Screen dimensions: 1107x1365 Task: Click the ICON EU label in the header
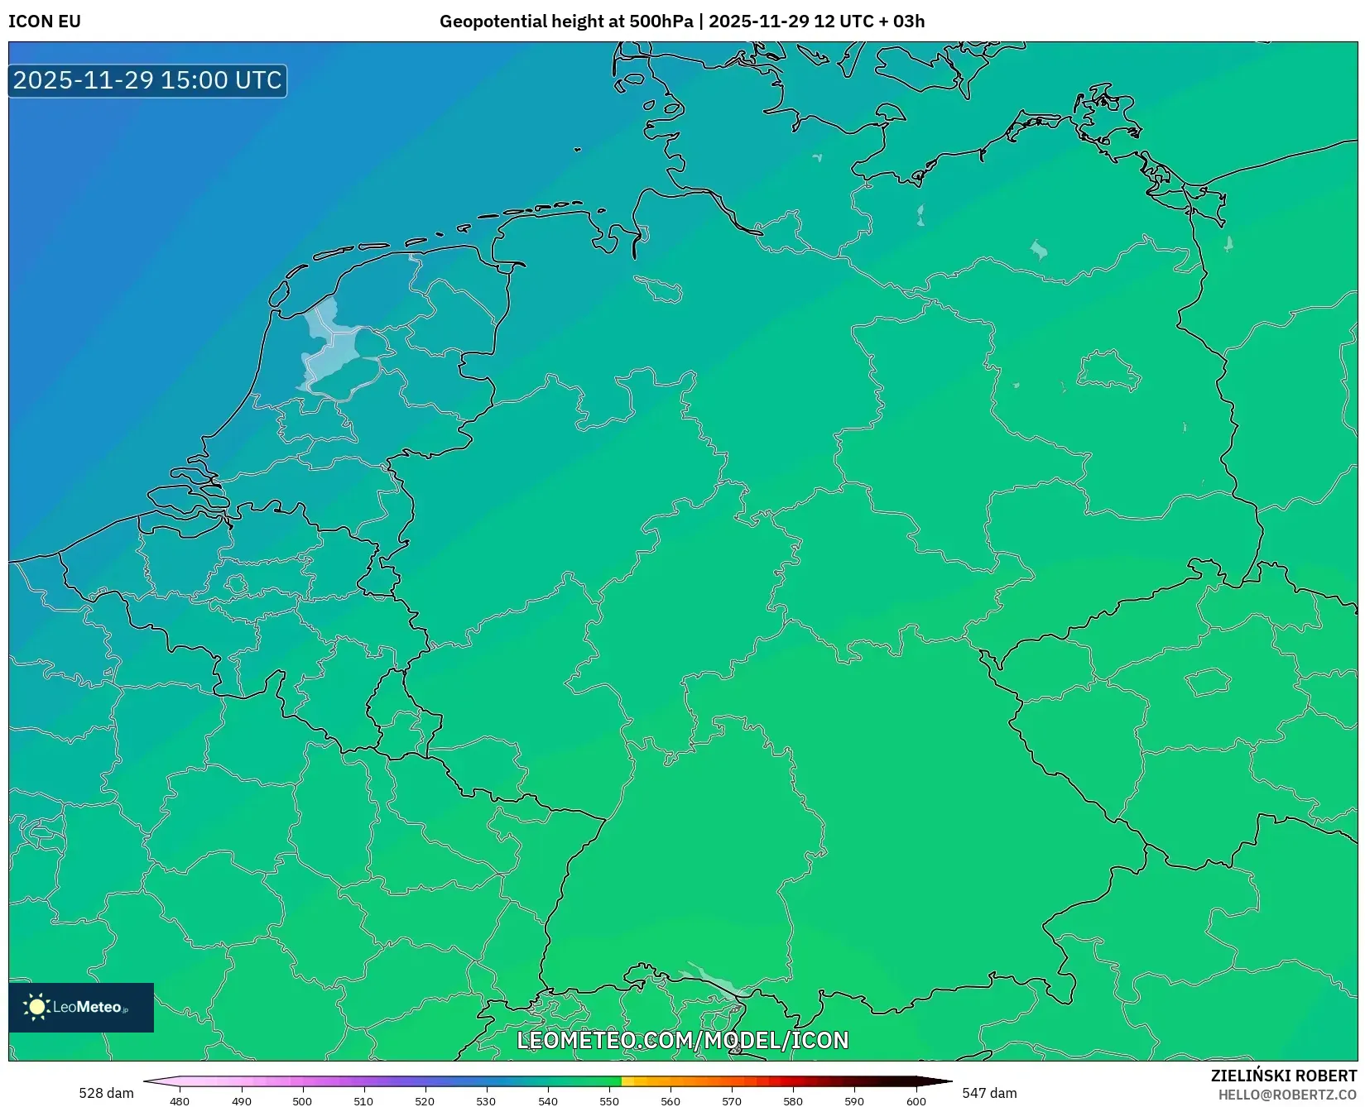(x=45, y=22)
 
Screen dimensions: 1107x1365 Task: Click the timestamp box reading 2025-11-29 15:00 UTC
(x=147, y=80)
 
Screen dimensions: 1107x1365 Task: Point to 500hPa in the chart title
(x=661, y=22)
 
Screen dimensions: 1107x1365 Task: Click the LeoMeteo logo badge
(x=81, y=1007)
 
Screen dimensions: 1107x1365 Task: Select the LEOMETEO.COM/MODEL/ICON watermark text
(x=683, y=1040)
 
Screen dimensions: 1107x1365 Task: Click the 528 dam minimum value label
(x=106, y=1093)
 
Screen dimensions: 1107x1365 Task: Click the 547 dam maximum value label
(x=989, y=1093)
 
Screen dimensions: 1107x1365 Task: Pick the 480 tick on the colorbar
(x=180, y=1101)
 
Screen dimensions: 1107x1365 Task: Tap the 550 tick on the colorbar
(x=609, y=1101)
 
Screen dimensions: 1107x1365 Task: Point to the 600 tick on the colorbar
(x=916, y=1101)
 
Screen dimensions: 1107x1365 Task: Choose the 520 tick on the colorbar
(x=425, y=1101)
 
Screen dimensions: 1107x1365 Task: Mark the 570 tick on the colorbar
(x=732, y=1101)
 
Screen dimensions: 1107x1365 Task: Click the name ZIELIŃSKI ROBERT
(x=1284, y=1076)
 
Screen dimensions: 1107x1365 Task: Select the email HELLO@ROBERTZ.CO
(x=1287, y=1095)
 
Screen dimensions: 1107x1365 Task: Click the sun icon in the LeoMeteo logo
(x=36, y=1007)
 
